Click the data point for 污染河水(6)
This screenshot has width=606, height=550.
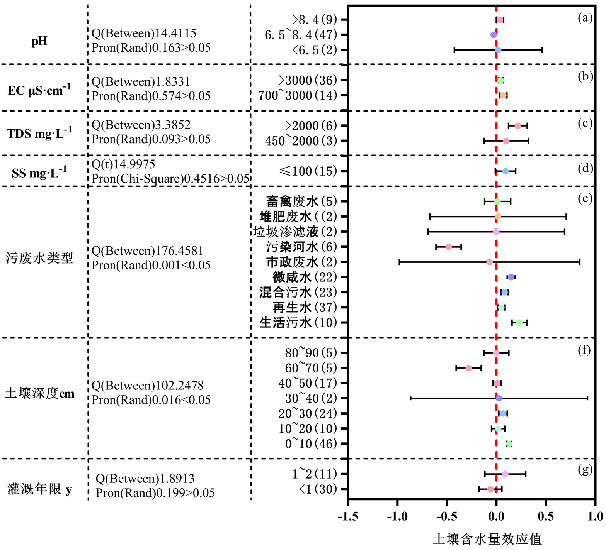448,247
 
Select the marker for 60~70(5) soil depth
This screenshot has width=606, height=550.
468,368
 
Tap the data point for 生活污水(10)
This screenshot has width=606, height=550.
519,323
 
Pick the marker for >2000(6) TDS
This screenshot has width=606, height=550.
517,126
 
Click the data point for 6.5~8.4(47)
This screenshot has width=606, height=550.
494,35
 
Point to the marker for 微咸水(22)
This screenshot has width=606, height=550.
511,277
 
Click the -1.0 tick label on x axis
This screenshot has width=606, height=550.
397,516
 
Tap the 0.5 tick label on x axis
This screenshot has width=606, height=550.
545,516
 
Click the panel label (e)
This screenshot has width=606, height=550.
585,198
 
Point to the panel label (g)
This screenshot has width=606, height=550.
585,469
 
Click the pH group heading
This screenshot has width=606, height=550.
39,41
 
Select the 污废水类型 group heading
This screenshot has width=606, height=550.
39,258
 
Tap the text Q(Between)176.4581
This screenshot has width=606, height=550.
147,251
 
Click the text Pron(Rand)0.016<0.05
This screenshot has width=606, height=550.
151,400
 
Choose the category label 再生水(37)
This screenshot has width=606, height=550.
305,308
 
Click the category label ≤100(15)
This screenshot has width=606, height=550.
308,171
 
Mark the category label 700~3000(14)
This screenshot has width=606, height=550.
298,95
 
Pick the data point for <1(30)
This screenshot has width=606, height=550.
490,489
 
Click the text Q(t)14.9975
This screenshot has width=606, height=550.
123,164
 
